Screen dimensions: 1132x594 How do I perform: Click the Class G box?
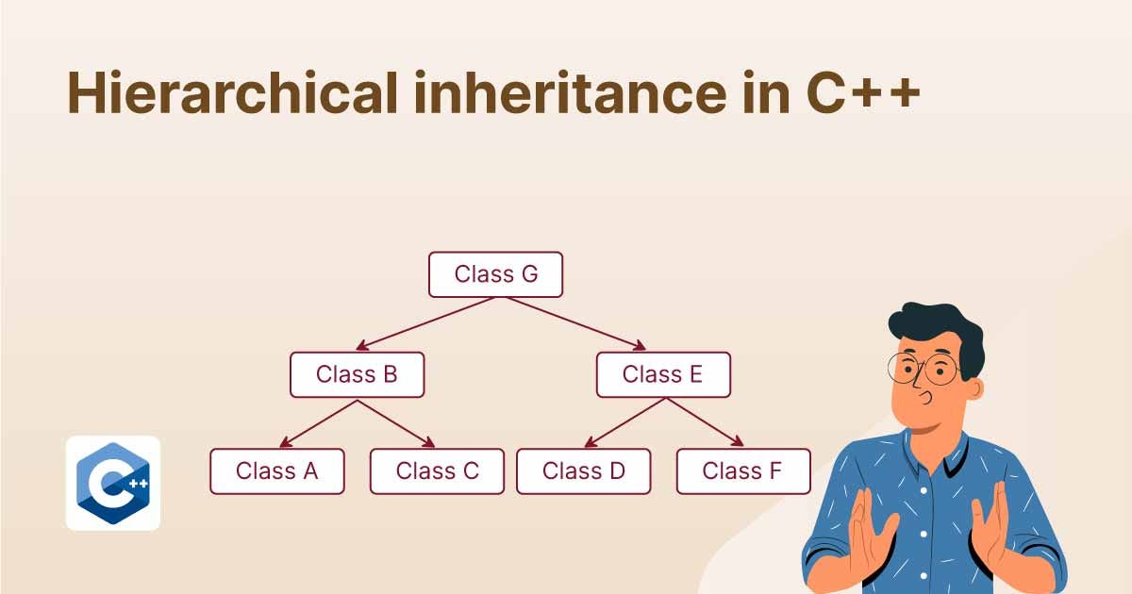click(496, 274)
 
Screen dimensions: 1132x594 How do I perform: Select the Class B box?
click(358, 374)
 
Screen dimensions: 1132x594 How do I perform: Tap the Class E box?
click(663, 374)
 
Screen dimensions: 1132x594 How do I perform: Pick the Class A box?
click(277, 470)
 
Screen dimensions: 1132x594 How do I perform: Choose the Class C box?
click(437, 470)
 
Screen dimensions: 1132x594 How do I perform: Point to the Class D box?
click(584, 470)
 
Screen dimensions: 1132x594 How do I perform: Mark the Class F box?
click(744, 470)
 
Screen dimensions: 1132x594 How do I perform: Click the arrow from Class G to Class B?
click(424, 323)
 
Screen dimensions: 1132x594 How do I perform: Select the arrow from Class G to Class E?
click(576, 323)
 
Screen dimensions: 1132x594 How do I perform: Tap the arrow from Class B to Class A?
click(319, 423)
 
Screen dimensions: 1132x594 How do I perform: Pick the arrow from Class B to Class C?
click(396, 423)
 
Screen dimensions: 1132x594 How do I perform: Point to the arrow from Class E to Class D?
click(624, 422)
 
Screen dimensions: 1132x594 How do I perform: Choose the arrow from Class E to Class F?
click(705, 422)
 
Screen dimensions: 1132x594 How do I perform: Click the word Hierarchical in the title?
click(232, 93)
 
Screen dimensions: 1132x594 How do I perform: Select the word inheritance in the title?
click(570, 93)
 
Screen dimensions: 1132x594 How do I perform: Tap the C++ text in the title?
click(863, 93)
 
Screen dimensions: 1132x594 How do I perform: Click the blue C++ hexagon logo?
click(113, 484)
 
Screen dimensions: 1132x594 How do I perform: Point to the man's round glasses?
click(924, 370)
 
